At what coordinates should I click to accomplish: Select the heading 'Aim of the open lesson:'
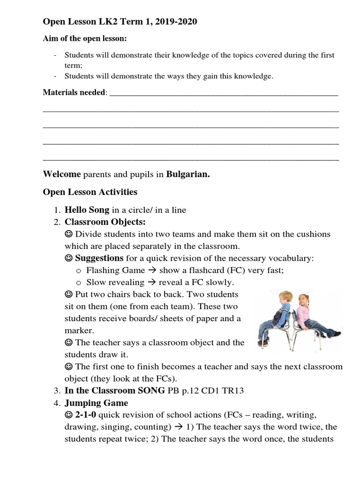85,38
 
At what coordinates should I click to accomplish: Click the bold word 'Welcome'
62,174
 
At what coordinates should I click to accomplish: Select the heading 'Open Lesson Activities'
90,192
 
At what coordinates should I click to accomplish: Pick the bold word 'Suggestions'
99,258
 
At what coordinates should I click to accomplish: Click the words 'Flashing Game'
115,270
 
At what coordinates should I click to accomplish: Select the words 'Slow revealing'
115,282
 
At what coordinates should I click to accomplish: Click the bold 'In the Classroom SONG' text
115,390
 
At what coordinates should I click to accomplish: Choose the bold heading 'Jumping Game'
96,403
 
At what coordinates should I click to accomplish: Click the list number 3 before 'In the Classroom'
56,390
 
